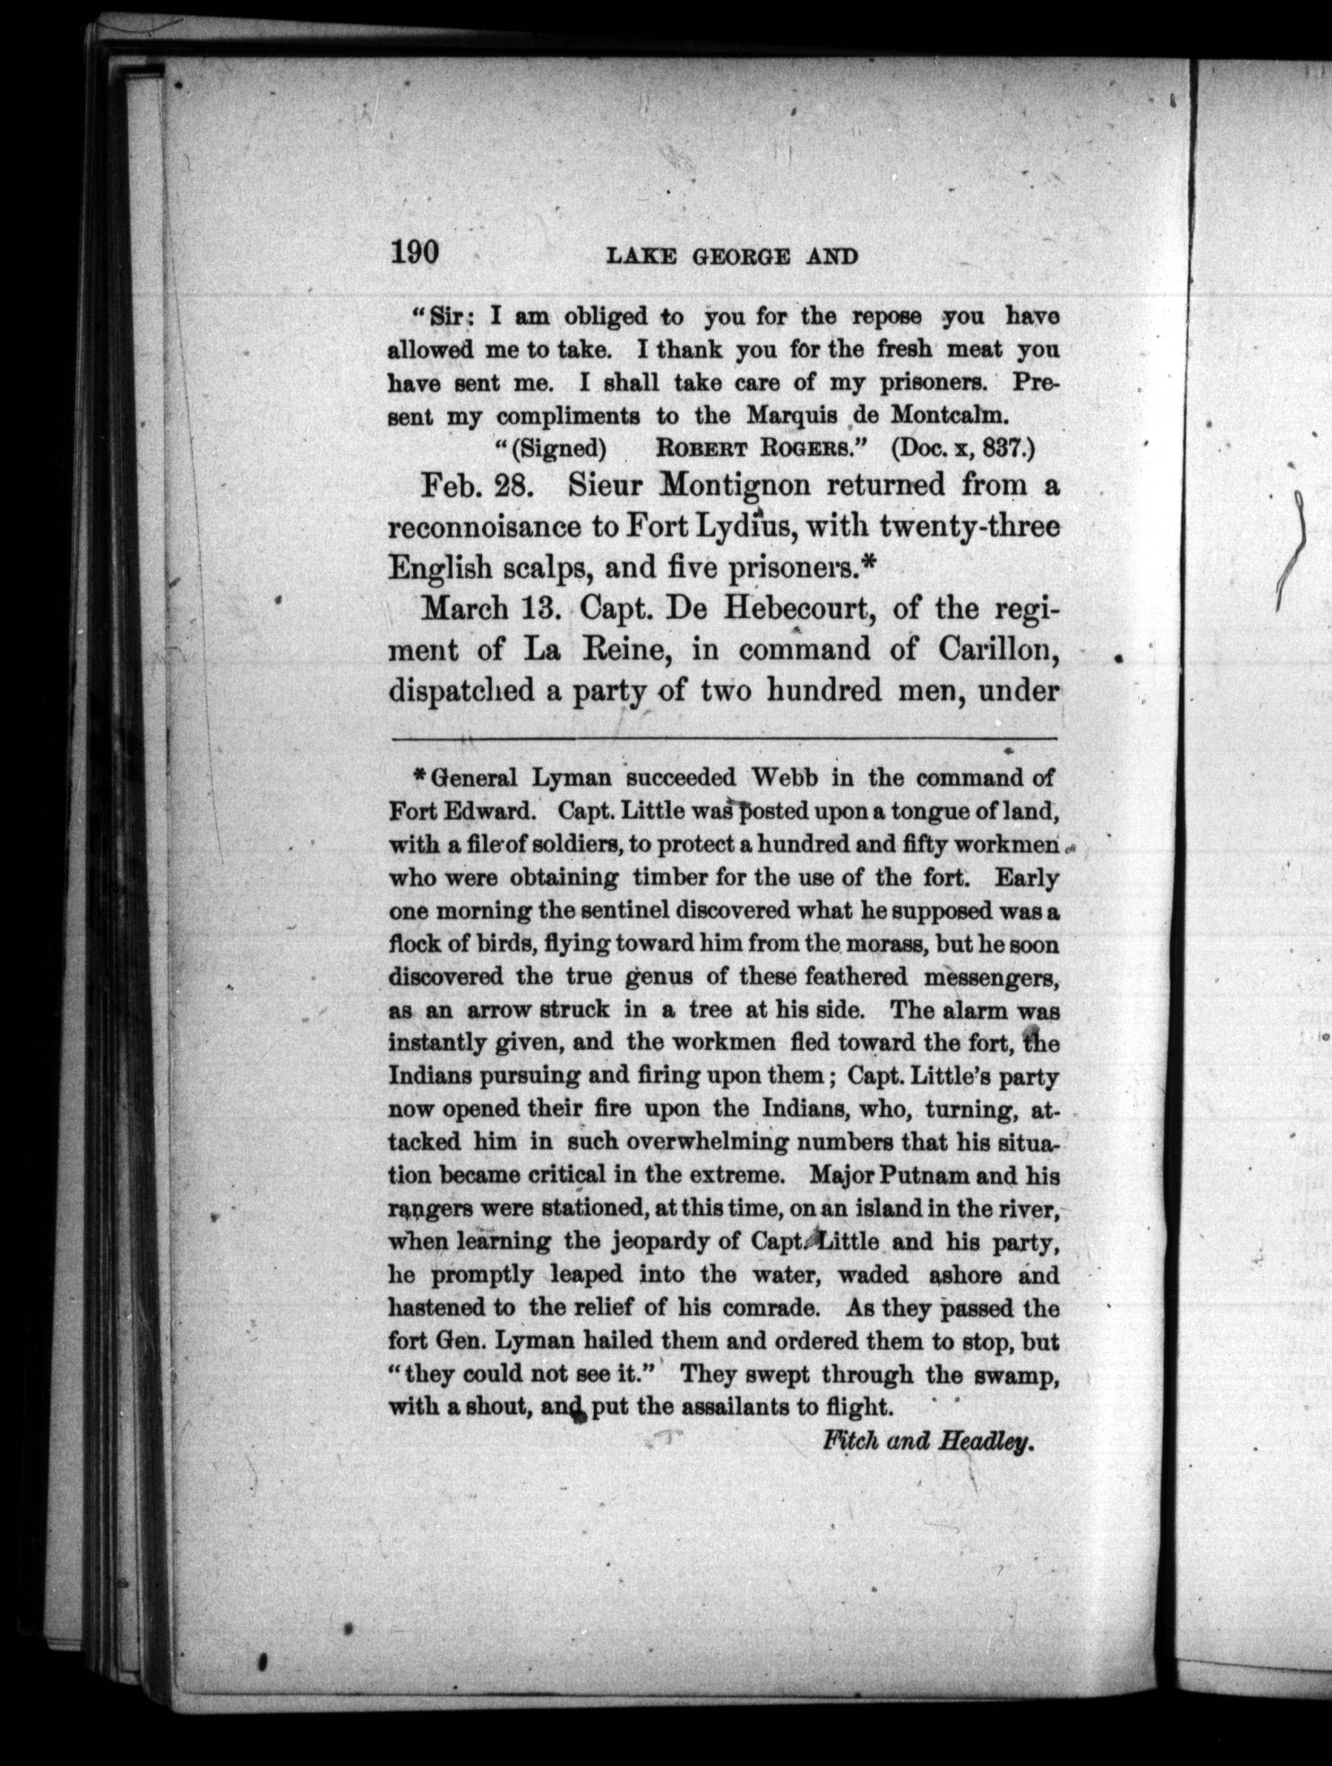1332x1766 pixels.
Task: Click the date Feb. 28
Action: point(473,484)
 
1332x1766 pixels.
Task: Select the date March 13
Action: point(488,609)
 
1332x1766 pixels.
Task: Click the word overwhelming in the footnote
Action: point(690,1143)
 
